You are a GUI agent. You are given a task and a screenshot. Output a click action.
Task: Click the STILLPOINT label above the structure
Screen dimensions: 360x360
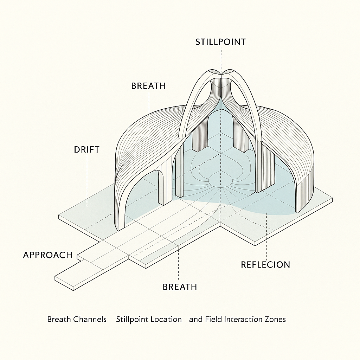(220, 42)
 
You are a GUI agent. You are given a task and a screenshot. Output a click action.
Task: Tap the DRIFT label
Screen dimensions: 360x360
(86, 149)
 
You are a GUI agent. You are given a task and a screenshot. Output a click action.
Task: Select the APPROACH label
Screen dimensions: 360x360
(47, 255)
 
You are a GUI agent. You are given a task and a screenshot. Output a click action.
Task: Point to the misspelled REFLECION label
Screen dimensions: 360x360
(265, 264)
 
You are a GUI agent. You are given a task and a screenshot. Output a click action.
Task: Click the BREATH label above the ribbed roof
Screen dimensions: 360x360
(148, 86)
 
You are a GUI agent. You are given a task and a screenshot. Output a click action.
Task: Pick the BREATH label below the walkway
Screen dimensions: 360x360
(179, 287)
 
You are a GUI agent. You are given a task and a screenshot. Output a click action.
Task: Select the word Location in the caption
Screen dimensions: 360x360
(165, 319)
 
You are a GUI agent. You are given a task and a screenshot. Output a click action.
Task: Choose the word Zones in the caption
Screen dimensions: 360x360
(276, 319)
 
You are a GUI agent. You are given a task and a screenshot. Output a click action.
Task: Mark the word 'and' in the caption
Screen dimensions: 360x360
(195, 319)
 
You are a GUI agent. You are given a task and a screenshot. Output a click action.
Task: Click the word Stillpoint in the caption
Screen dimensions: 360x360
(131, 319)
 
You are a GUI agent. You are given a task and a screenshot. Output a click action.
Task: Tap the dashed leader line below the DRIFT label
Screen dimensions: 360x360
(86, 179)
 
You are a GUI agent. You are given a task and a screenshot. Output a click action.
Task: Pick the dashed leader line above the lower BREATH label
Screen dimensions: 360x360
(179, 264)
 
